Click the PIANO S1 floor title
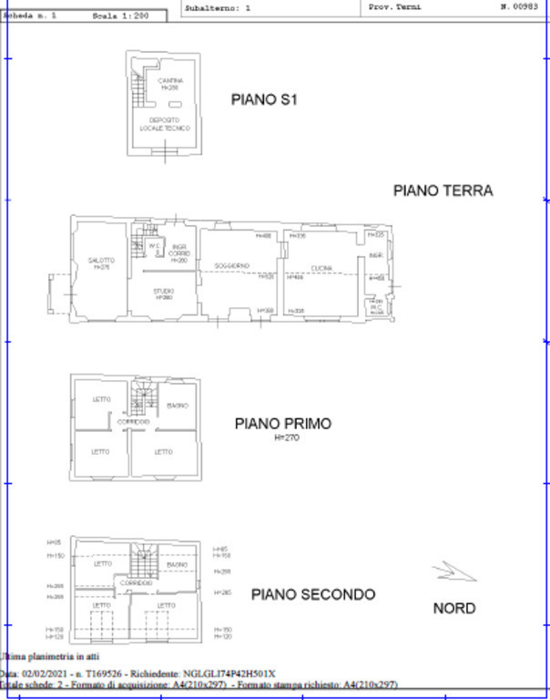pos(264,100)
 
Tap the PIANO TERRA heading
pos(443,190)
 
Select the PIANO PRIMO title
pos(282,424)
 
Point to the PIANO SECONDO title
pos(312,594)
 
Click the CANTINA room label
pos(170,81)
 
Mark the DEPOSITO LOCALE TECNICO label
pos(165,124)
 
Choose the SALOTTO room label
pos(100,261)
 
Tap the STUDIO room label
pos(164,292)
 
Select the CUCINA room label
pos(321,268)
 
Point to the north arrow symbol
pos(453,571)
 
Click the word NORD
pos(453,608)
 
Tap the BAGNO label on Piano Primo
pos(178,406)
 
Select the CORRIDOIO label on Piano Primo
pos(133,422)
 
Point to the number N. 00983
pos(517,6)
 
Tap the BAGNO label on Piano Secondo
pos(177,565)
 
